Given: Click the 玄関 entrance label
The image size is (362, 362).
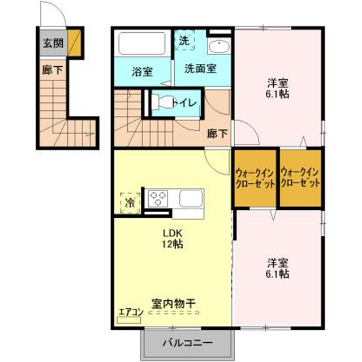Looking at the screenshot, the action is point(53,43).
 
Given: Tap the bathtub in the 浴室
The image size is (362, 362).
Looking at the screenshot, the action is point(142,44).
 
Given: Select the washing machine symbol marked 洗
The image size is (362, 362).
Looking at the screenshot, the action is point(184,40).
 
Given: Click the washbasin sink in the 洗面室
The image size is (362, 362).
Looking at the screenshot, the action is point(219,47).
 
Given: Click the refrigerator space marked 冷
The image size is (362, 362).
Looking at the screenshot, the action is point(130,202).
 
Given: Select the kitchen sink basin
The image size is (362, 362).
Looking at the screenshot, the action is point(191,199).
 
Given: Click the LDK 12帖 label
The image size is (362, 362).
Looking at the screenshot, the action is point(173,239).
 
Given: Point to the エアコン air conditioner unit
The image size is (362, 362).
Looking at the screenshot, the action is point(129,320).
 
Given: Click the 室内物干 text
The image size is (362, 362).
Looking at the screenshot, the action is point(174,304).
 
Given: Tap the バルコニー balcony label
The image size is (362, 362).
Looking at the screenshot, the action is point(187,342).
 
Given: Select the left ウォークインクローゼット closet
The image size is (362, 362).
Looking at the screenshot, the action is point(255,178).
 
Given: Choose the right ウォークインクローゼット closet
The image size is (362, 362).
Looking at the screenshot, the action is point(300,178).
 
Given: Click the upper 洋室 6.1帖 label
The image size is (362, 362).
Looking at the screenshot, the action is point(278,88).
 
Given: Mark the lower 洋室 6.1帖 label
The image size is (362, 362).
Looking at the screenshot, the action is point(278,268).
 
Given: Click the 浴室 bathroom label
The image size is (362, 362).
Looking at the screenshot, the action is point(143,72).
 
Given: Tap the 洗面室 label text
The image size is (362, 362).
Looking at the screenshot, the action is point(200,68).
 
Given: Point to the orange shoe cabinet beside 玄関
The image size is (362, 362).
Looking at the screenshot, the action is point(74,42).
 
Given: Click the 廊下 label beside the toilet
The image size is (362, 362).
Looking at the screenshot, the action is point(217,133).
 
